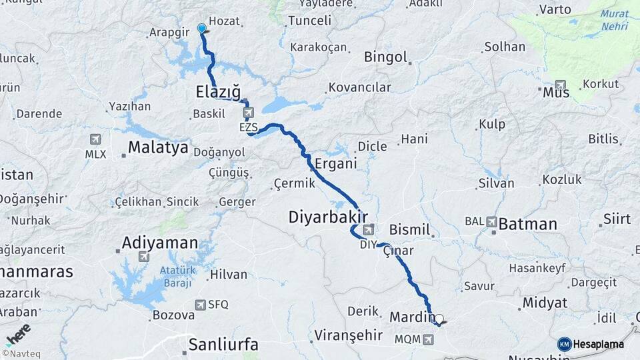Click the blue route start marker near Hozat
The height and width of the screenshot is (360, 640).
[201, 29]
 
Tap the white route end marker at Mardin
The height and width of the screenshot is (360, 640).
[439, 319]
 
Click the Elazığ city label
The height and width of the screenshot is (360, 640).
[218, 91]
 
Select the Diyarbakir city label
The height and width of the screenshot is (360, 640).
[328, 217]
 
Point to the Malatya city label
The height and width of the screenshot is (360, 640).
[158, 147]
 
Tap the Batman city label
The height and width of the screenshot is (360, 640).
[527, 224]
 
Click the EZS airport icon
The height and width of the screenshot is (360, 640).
[248, 112]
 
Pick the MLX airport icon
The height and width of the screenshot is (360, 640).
[95, 139]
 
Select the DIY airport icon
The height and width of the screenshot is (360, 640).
[368, 230]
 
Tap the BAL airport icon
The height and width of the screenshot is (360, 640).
[492, 221]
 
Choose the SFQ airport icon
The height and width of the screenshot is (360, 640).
[200, 305]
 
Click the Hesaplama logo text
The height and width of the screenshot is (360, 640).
[598, 344]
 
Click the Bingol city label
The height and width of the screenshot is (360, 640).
[385, 57]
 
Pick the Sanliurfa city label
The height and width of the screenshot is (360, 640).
[223, 345]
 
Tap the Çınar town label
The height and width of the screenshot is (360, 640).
[399, 251]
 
